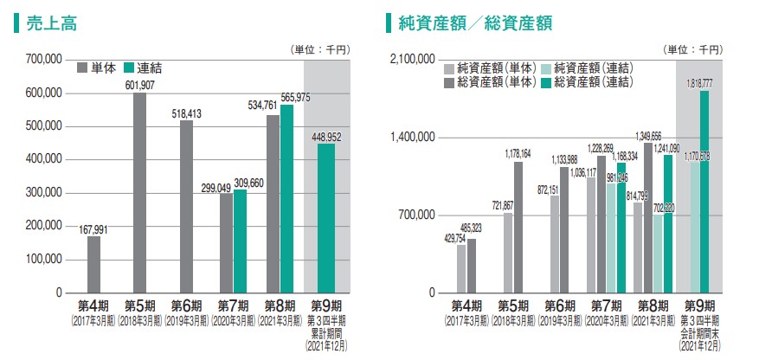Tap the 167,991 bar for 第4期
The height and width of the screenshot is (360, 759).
[93, 264]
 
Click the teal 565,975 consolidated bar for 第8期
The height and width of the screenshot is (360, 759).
[286, 198]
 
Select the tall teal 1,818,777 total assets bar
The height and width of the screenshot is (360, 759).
[704, 191]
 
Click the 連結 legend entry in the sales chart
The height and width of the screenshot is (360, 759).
[142, 67]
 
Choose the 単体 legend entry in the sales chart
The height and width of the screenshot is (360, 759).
[97, 67]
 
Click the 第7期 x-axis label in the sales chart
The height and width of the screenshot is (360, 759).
[233, 305]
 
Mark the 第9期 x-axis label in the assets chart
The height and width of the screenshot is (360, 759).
[698, 305]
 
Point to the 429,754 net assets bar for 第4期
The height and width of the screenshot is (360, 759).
[461, 268]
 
